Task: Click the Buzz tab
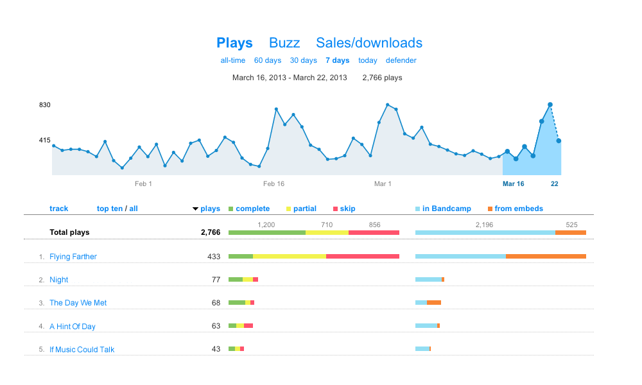point(284,43)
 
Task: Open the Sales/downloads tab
point(369,43)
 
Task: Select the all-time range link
point(233,60)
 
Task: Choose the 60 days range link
point(268,60)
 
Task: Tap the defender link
point(401,60)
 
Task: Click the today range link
point(368,60)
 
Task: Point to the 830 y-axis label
point(44,105)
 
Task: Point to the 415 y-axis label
point(44,140)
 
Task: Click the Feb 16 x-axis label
point(273,184)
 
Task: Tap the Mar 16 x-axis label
point(513,184)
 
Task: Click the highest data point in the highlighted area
point(550,105)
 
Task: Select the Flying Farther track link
point(73,257)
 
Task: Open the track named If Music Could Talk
point(82,350)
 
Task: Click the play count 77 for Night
point(216,280)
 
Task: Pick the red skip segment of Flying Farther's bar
point(363,257)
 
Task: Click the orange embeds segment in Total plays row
point(571,232)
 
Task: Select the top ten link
point(110,209)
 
